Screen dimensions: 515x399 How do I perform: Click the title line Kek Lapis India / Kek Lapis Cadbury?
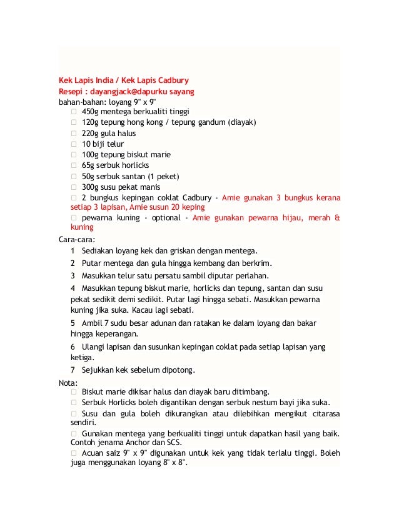(x=124, y=80)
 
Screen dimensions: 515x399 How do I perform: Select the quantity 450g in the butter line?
(x=91, y=112)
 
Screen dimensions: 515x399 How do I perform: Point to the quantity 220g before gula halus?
(x=91, y=133)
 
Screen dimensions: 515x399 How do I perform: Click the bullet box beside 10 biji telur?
(x=74, y=144)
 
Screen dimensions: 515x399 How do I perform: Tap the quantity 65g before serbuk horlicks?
(x=89, y=165)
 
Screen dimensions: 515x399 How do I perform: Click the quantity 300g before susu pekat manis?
(x=91, y=186)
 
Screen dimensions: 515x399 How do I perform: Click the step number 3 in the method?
(x=73, y=275)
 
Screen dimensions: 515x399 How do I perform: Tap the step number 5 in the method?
(x=73, y=323)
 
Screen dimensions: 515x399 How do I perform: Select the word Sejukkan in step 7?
(x=99, y=370)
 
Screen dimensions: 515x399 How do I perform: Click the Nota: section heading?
(x=68, y=382)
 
